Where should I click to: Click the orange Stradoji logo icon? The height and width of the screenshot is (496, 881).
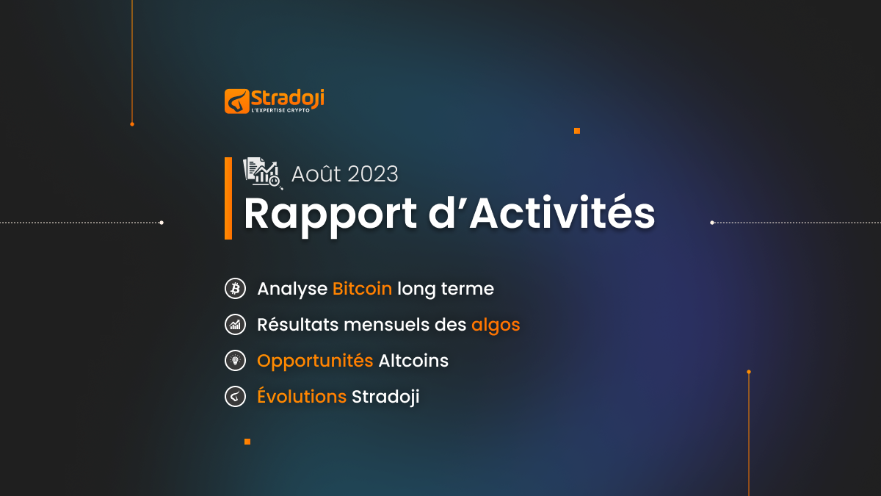(236, 101)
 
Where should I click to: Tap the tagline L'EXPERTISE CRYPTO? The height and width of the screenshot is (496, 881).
(280, 110)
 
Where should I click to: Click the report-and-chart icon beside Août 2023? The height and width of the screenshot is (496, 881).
(263, 173)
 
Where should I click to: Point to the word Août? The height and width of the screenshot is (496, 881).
(316, 174)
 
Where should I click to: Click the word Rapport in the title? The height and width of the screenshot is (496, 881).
(330, 215)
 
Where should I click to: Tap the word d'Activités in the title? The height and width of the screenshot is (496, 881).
(542, 212)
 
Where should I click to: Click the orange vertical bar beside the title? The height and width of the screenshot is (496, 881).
(228, 198)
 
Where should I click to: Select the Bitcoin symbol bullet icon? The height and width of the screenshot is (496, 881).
(235, 289)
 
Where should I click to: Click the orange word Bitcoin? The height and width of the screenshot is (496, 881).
(362, 289)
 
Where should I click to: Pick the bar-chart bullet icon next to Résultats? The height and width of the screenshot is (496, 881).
(235, 324)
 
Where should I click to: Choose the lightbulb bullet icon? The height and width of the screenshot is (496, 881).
(235, 360)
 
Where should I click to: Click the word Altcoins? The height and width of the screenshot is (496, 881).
(413, 361)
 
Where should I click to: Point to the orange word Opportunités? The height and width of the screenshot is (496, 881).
(315, 362)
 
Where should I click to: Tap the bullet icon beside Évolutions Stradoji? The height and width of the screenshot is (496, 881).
(235, 396)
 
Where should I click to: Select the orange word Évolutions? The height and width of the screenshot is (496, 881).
(302, 395)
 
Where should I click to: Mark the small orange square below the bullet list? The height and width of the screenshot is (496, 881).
(247, 442)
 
